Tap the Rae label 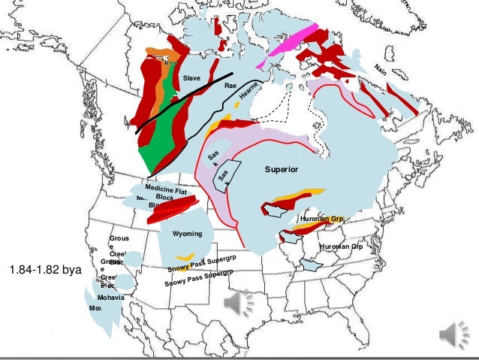230,87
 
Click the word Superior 281,171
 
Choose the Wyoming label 187,234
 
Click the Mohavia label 110,298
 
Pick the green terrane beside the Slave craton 159,128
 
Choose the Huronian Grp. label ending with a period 321,219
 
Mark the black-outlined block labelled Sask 224,176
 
